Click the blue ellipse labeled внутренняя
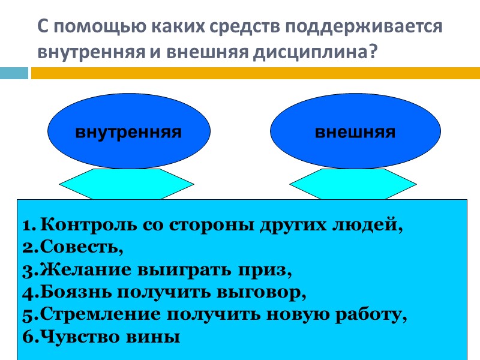point(128,132)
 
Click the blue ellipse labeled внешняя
point(355,132)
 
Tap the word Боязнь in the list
point(73,292)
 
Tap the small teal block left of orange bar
point(14,73)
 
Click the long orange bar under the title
point(255,73)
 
